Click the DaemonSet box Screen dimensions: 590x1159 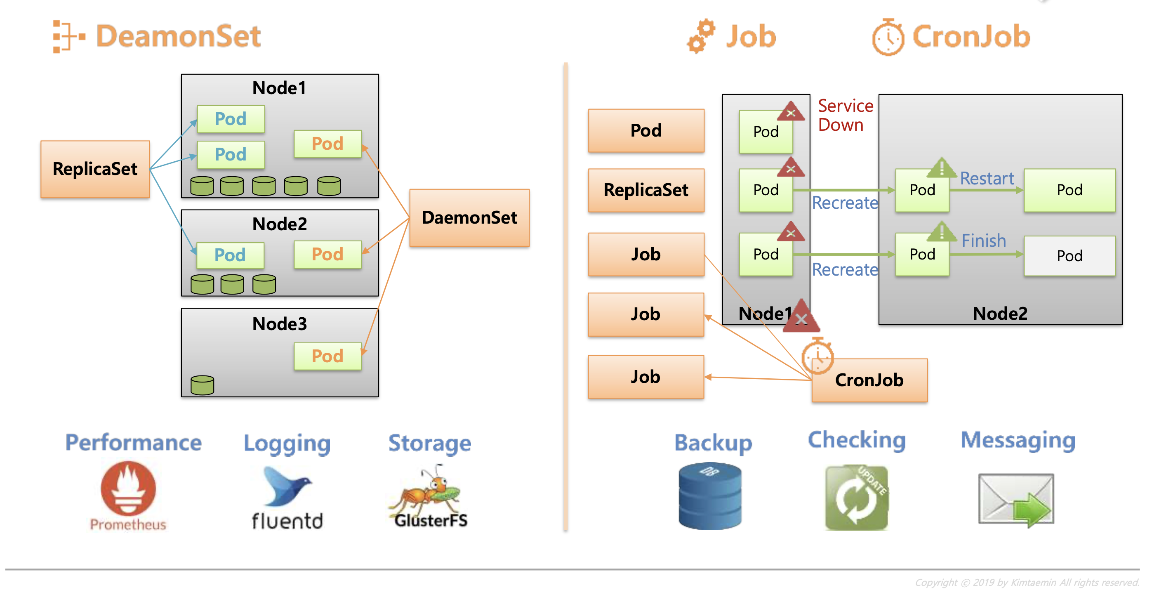[x=469, y=218]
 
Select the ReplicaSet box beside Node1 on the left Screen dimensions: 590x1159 [x=95, y=169]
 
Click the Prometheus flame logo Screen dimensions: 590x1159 [x=128, y=488]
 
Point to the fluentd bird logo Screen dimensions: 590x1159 [x=287, y=486]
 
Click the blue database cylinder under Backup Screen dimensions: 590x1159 [x=710, y=496]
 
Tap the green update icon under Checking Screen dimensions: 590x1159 [x=856, y=497]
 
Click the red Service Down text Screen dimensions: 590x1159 [x=845, y=115]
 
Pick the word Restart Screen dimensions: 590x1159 [x=987, y=178]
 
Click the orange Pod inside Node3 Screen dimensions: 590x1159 [x=327, y=356]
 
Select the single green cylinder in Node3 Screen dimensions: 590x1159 [x=202, y=385]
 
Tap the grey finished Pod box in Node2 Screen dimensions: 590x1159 [x=1069, y=256]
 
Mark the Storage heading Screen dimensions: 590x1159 [x=429, y=443]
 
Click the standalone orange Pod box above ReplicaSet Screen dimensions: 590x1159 [x=645, y=130]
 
